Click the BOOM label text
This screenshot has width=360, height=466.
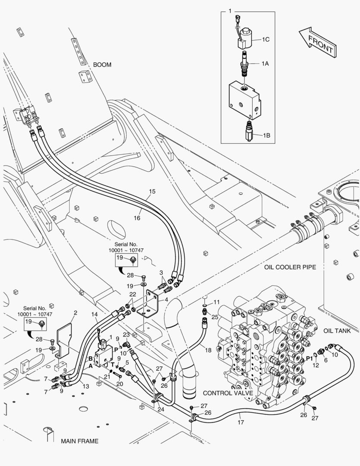102,65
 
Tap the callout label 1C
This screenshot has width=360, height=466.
266,39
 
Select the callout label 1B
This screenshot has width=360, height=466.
266,135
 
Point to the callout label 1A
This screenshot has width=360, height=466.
265,63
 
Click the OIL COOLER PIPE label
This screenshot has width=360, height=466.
290,267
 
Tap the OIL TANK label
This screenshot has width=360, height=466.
337,331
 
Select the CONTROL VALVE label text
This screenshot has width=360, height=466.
228,393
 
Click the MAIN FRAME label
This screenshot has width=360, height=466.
80,441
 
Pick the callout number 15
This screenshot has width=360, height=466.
152,192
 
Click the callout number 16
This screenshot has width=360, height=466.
137,218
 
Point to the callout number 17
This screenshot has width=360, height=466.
241,422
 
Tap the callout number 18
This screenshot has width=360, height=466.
208,350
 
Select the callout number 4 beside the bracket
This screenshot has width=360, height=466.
166,299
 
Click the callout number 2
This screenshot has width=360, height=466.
75,313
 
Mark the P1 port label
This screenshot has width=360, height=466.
309,359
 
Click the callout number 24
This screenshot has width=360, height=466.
161,409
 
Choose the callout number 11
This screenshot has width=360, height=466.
217,302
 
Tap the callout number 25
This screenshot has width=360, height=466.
215,317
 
